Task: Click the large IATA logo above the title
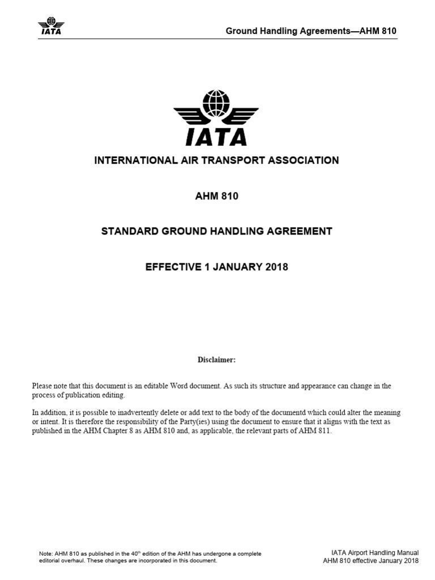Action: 216,118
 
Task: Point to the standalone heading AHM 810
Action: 216,196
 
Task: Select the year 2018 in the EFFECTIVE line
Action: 276,267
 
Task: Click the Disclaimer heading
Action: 216,360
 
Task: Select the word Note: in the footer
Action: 45,553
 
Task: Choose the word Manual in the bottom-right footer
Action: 405,552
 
